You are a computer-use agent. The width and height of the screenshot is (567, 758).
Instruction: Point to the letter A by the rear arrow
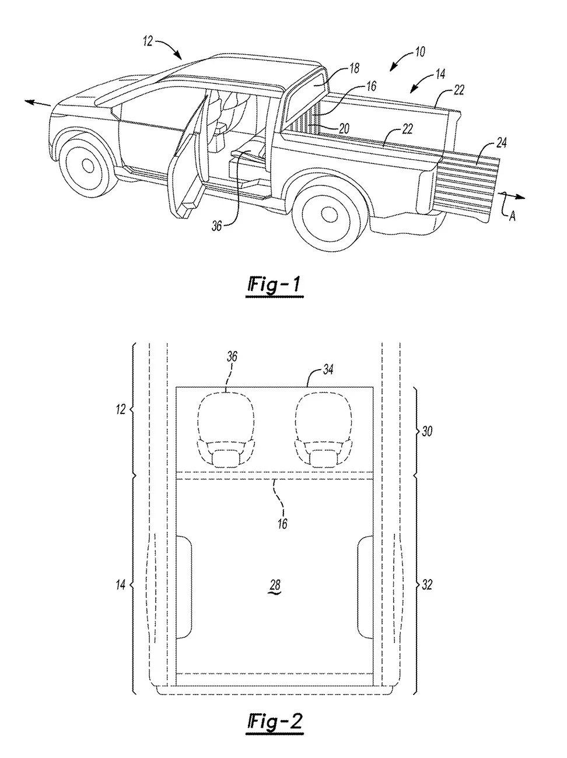click(x=512, y=216)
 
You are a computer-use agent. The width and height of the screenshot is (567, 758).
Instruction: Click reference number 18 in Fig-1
click(x=354, y=69)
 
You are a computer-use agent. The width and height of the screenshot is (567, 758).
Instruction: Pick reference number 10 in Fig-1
click(x=419, y=52)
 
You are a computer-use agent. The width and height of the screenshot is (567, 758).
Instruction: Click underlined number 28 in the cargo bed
click(x=274, y=585)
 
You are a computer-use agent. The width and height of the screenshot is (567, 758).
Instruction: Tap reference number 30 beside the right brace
click(x=428, y=431)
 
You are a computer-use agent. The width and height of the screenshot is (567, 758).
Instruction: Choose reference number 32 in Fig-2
click(x=428, y=584)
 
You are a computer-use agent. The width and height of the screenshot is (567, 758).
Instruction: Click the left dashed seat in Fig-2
click(x=227, y=429)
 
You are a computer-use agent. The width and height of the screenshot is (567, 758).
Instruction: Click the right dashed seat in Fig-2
click(x=323, y=429)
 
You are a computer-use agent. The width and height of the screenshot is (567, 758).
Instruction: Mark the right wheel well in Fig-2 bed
click(x=365, y=586)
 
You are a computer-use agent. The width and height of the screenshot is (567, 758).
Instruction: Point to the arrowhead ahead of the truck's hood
click(x=29, y=101)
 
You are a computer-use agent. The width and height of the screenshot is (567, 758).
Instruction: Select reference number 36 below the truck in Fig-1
click(x=216, y=226)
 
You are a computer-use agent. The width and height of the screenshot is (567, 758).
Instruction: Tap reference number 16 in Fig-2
click(x=282, y=523)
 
